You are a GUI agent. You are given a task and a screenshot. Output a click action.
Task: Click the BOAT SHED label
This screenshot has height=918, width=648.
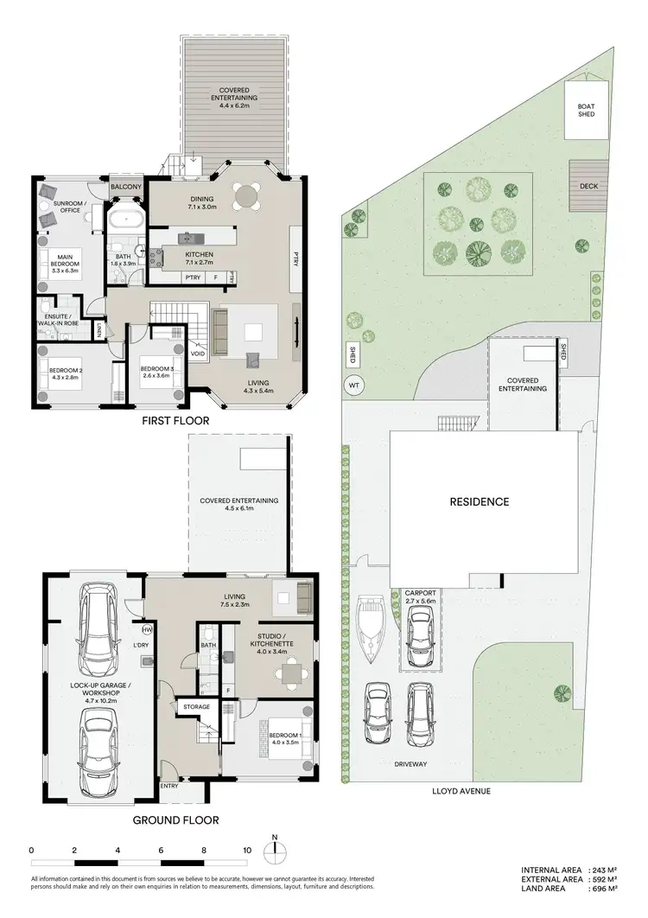[586, 111]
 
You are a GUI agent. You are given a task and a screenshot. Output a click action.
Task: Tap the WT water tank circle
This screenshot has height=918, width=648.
[353, 386]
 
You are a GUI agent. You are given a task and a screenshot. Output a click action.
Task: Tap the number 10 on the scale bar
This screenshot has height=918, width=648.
[247, 851]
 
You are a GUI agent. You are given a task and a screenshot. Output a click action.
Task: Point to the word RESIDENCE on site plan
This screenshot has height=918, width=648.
[478, 501]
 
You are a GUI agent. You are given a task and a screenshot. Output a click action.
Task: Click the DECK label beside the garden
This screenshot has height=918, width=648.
[589, 186]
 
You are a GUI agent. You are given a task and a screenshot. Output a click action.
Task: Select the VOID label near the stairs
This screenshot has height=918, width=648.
[198, 353]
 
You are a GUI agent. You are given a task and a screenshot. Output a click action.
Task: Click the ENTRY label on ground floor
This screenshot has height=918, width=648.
[168, 785]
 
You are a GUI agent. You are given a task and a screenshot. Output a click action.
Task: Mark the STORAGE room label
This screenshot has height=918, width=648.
[196, 706]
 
